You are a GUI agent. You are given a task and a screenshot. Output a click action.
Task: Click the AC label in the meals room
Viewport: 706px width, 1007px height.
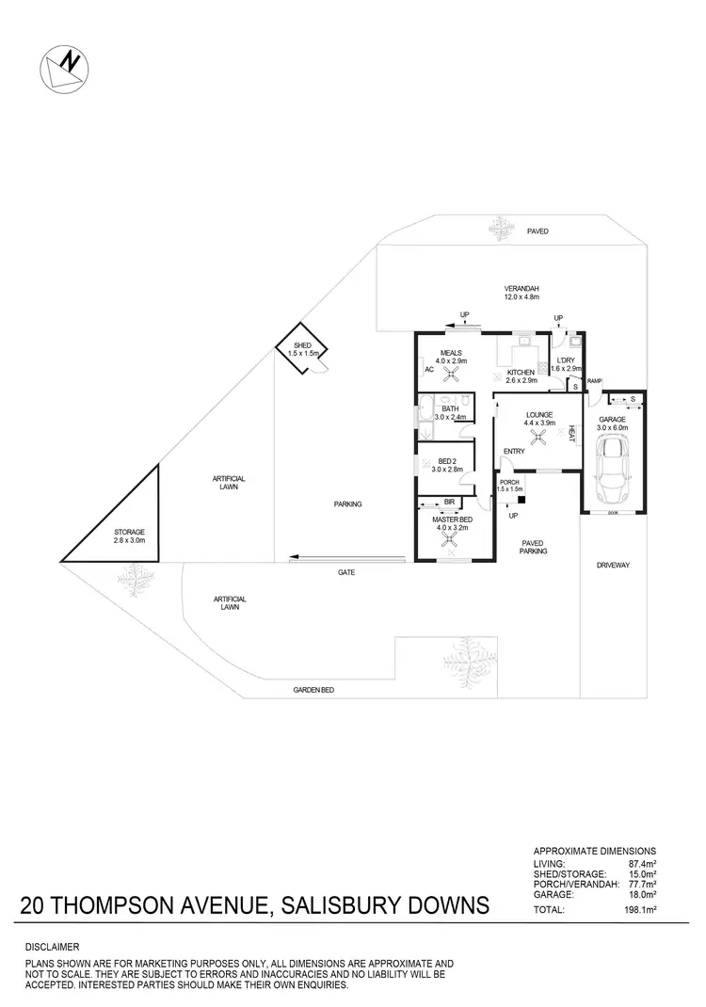pos(428,370)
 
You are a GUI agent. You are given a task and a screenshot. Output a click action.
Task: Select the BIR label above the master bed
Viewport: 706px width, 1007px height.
pos(450,503)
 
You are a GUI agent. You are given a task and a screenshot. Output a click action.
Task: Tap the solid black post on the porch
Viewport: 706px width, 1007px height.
pos(521,500)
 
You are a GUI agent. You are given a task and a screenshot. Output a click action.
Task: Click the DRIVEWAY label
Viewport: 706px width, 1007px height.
pos(612,565)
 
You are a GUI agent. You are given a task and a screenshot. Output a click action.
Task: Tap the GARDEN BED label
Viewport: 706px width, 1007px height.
pos(313,690)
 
